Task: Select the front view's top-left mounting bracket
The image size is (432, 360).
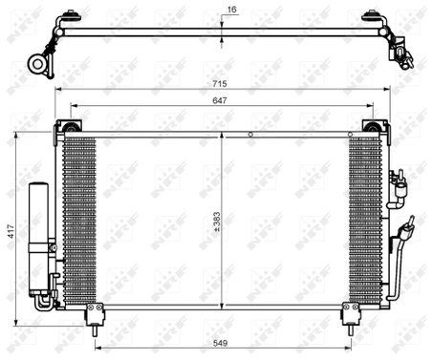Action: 70,127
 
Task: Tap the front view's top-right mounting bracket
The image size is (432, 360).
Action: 375,127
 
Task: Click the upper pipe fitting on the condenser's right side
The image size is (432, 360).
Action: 399,184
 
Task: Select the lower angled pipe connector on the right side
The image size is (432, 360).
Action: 405,235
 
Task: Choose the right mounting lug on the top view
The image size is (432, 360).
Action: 372,17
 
